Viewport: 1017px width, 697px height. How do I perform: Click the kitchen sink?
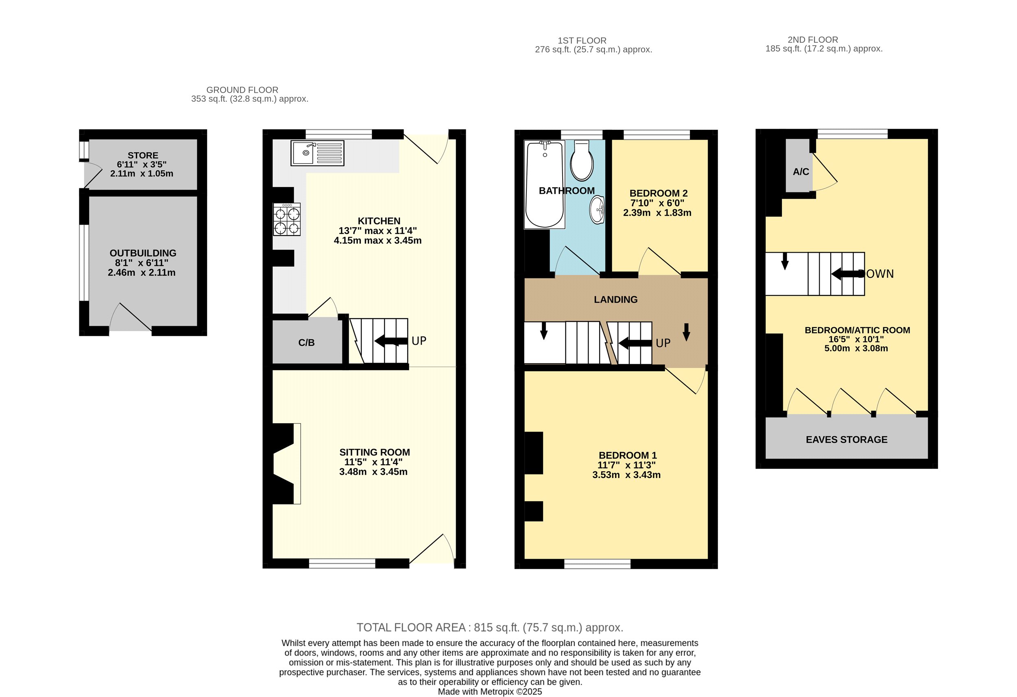click(x=317, y=153)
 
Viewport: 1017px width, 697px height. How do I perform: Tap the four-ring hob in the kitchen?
click(x=287, y=219)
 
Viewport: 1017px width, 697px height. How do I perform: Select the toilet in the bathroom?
click(x=582, y=160)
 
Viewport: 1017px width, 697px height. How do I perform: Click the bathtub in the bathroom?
click(x=544, y=184)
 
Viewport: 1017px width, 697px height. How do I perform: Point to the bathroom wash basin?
click(x=597, y=210)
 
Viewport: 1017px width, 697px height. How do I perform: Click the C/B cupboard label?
click(x=306, y=343)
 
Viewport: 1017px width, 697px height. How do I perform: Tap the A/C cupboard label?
click(x=801, y=172)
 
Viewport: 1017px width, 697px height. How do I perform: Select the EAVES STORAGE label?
click(x=847, y=439)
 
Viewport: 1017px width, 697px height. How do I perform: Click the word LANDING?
click(x=616, y=299)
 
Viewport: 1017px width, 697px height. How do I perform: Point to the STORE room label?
click(x=143, y=155)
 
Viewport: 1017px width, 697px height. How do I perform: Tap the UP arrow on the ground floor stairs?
click(x=391, y=341)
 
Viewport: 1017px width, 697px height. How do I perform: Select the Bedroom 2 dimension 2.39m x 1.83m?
click(x=657, y=213)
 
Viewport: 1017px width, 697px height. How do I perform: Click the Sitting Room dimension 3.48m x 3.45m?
click(x=373, y=472)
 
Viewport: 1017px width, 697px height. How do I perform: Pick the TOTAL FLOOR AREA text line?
click(x=490, y=627)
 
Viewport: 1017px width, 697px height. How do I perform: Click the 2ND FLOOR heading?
click(x=813, y=40)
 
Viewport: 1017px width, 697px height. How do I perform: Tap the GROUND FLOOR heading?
click(x=242, y=90)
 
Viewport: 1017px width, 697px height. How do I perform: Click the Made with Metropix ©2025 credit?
click(x=490, y=692)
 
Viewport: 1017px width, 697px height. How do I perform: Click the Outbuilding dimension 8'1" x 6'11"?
click(x=142, y=263)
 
